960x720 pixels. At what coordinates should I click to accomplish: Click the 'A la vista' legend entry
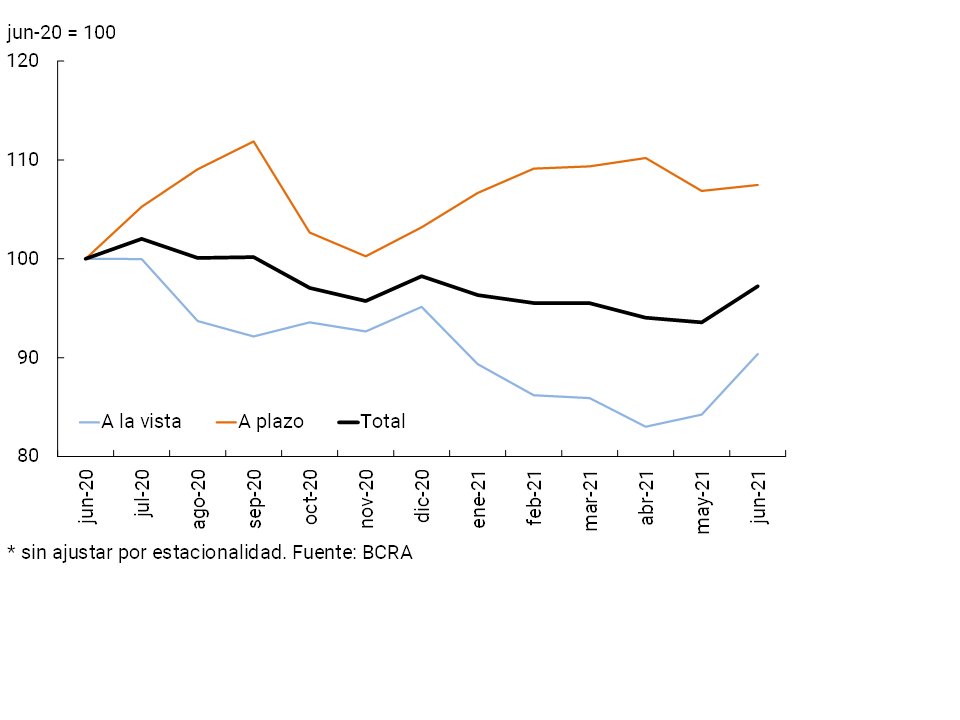[141, 421]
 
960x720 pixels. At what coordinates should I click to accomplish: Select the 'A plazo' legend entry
[270, 421]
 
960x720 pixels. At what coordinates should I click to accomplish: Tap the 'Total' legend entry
[382, 421]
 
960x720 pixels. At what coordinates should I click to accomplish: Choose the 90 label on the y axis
[26, 358]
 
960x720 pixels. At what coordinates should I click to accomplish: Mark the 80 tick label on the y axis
[26, 457]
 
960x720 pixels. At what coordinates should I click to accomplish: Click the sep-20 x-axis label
[255, 497]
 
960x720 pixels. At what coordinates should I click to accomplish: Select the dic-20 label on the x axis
[423, 497]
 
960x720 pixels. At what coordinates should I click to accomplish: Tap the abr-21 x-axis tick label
[647, 497]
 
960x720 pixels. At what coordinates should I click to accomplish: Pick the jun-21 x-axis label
[759, 497]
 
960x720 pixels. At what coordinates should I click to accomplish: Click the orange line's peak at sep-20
[254, 141]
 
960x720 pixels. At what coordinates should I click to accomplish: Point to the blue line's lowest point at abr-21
[646, 427]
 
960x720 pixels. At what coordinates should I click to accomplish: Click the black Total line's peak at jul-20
[142, 239]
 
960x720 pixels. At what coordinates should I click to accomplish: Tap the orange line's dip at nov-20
[366, 256]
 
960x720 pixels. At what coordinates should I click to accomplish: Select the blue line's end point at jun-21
[758, 354]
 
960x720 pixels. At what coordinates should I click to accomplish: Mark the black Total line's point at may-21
[702, 322]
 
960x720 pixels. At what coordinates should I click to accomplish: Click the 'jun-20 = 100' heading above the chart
[61, 32]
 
